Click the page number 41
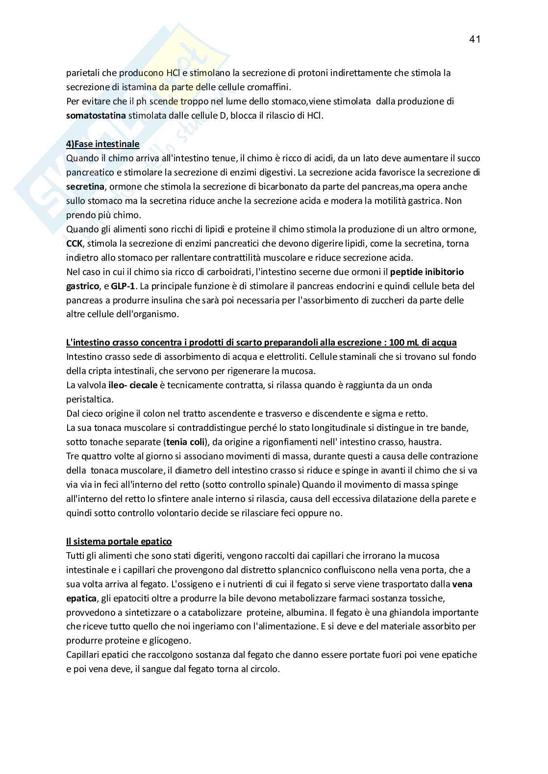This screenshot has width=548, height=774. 474,40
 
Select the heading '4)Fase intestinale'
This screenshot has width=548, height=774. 102,144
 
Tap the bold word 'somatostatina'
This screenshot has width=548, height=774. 96,116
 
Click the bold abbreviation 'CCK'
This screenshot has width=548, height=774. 75,244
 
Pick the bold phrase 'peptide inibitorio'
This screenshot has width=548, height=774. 430,272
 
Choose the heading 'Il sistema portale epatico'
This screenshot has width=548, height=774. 119,542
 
